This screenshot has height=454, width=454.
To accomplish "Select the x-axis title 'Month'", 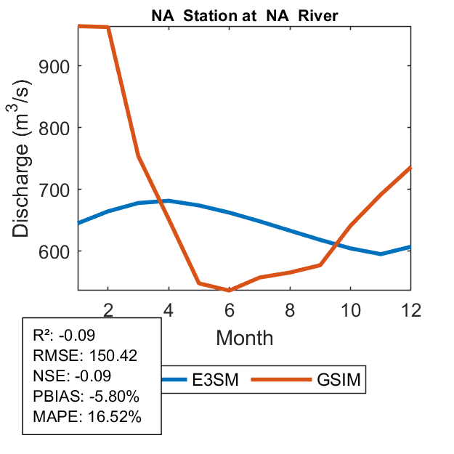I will (245, 337).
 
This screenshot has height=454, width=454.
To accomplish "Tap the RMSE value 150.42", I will (111, 356).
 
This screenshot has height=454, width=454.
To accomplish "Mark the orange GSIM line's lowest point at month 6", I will (230, 291).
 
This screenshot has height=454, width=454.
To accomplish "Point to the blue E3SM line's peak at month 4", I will (169, 200).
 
